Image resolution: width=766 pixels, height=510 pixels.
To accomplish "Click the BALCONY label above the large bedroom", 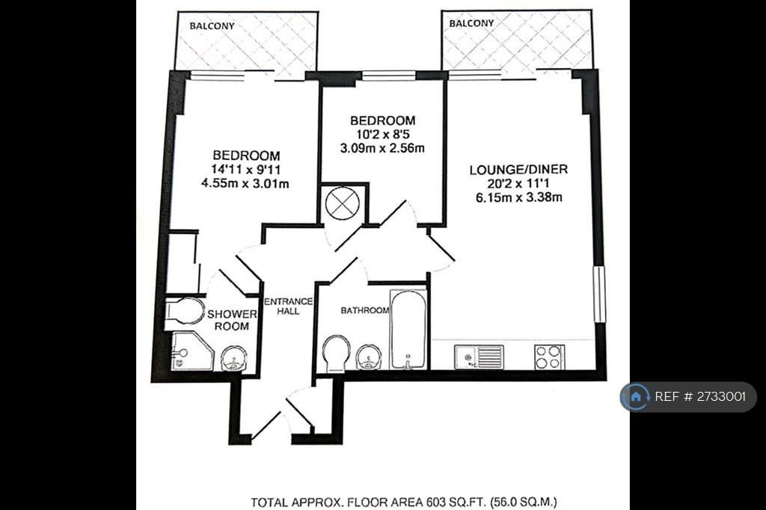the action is [x=212, y=26].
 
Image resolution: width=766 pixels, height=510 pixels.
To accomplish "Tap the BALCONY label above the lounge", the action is [x=471, y=23].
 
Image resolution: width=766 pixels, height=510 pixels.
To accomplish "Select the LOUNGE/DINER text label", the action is [x=518, y=170].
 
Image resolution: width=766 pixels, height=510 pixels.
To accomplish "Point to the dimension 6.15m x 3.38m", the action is [x=518, y=197].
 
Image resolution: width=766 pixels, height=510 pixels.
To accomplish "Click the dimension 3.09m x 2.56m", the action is [x=382, y=147].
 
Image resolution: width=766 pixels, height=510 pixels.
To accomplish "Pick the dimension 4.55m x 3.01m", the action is [x=245, y=183].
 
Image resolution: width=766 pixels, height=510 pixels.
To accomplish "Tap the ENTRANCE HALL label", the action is [x=288, y=306].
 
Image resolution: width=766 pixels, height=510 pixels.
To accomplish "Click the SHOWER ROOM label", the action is [x=232, y=320].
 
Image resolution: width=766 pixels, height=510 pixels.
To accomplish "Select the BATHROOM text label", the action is [x=365, y=310].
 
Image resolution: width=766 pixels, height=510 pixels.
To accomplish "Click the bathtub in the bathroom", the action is [x=408, y=329].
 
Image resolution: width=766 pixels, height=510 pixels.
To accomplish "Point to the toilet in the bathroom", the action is [x=336, y=353].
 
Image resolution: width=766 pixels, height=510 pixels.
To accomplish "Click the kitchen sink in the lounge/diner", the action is [x=479, y=357].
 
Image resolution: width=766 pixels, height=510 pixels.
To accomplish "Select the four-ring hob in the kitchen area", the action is [x=550, y=357].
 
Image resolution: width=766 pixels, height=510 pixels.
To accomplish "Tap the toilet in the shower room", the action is [x=185, y=311].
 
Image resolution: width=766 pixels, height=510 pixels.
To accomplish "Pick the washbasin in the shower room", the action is [x=234, y=360].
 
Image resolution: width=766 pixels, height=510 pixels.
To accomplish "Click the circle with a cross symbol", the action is [x=343, y=203].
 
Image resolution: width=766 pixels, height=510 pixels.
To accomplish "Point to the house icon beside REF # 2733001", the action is [x=636, y=396].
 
